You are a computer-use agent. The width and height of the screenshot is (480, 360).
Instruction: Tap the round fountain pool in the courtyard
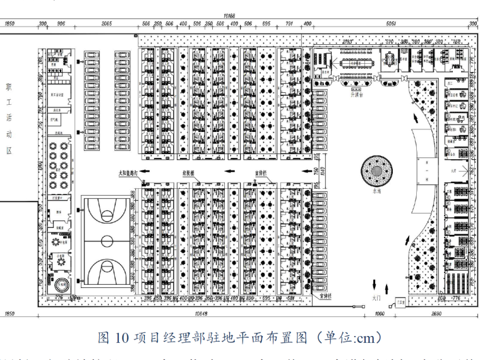tap(378, 169)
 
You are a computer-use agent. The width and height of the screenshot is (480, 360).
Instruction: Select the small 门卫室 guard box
tap(400, 303)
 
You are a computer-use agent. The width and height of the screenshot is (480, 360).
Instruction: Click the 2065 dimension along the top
tap(106, 24)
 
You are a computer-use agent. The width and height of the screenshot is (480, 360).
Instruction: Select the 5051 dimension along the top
tap(391, 24)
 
